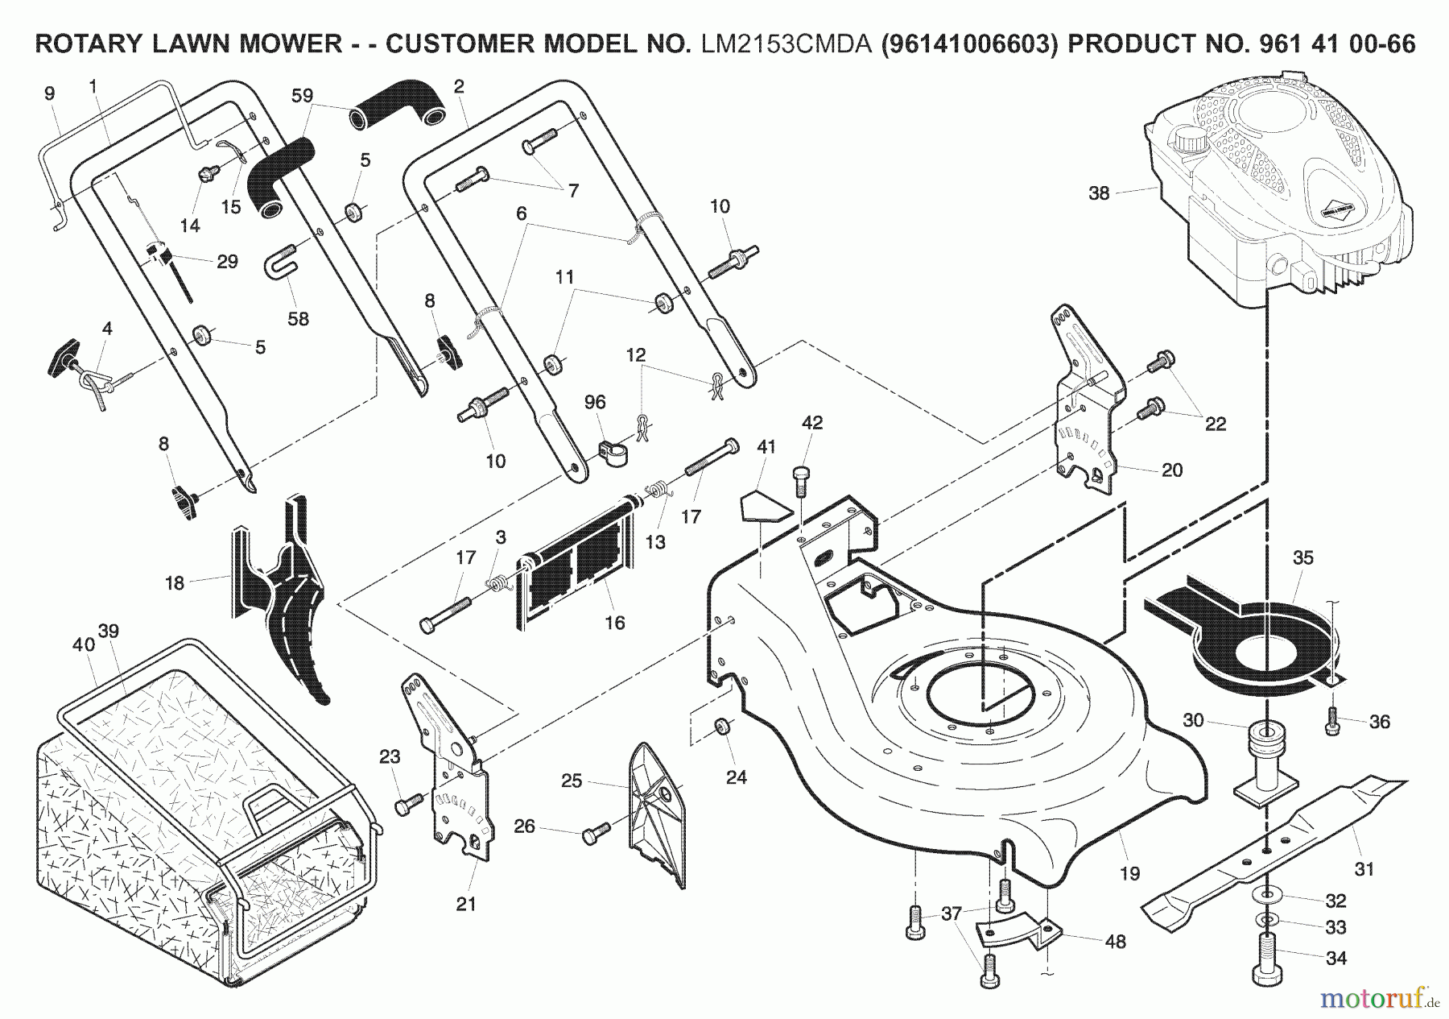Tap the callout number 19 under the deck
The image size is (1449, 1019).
pyautogui.click(x=1129, y=873)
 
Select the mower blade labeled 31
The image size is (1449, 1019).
pyautogui.click(x=1272, y=846)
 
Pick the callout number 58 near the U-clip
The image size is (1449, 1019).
pyautogui.click(x=298, y=319)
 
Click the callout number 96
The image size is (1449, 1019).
pyautogui.click(x=596, y=402)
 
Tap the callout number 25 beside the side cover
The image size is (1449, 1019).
pyautogui.click(x=571, y=781)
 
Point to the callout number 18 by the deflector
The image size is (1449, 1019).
pyautogui.click(x=175, y=582)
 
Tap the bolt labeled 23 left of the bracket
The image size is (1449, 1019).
pyautogui.click(x=408, y=803)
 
